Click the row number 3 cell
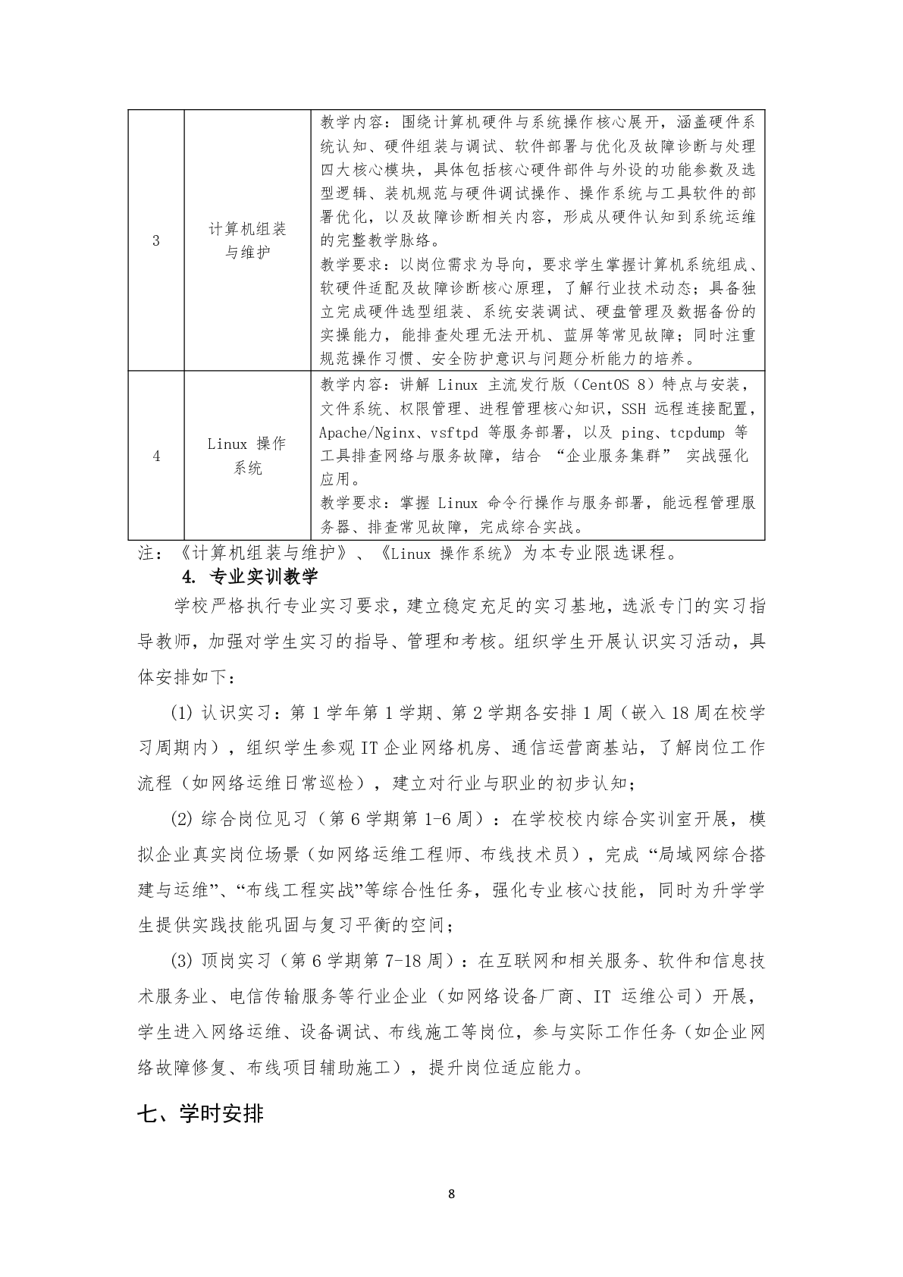[x=156, y=241]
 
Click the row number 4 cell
[x=156, y=456]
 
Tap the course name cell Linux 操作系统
[x=247, y=456]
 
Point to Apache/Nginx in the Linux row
[x=367, y=432]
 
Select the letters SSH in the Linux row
[x=634, y=409]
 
